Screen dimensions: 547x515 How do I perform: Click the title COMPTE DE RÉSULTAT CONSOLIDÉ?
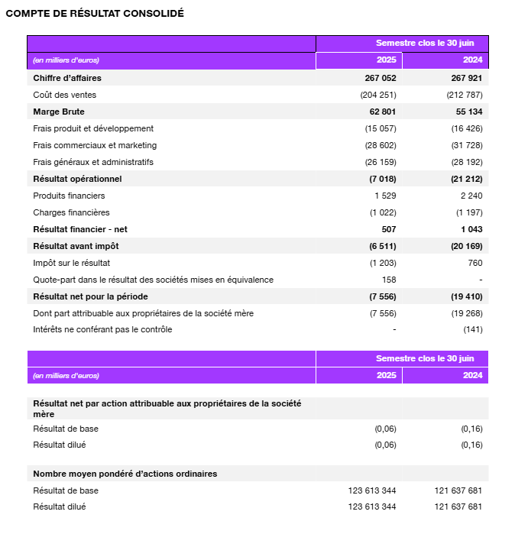(x=95, y=14)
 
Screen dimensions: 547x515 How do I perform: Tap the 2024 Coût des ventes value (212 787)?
(x=465, y=95)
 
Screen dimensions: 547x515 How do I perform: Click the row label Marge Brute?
(x=59, y=112)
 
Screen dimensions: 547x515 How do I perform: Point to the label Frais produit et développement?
(x=93, y=128)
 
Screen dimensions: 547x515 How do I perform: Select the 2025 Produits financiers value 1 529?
(x=384, y=196)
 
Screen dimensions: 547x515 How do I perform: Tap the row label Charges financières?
(x=71, y=212)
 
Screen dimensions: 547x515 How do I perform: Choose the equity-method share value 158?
(x=389, y=280)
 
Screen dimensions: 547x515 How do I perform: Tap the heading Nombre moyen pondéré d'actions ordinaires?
(x=125, y=474)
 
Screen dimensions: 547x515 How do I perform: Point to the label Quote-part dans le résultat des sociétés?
(x=153, y=280)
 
